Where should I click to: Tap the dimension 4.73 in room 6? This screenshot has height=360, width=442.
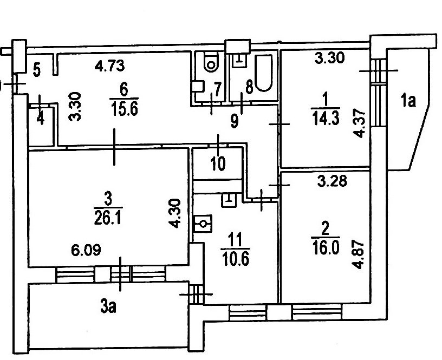click(109, 67)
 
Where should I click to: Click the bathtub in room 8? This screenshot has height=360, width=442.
click(263, 73)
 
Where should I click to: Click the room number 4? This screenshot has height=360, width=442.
click(41, 119)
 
